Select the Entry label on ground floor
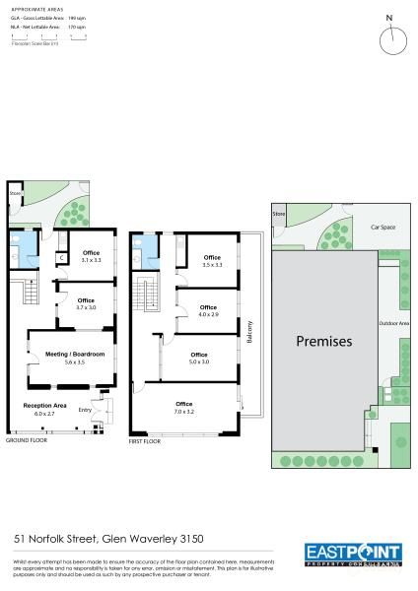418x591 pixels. pyautogui.click(x=84, y=411)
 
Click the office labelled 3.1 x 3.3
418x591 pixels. pyautogui.click(x=92, y=256)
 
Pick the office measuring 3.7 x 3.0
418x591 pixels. pyautogui.click(x=86, y=303)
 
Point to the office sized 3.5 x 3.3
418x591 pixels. pyautogui.click(x=211, y=261)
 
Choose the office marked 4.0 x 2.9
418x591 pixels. pyautogui.click(x=208, y=311)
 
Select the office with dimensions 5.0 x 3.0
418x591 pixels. pyautogui.click(x=199, y=358)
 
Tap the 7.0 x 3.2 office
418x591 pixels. pyautogui.click(x=183, y=407)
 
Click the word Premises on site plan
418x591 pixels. pyautogui.click(x=323, y=342)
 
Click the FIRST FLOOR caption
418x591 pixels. pyautogui.click(x=144, y=442)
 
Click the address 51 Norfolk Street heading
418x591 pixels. pyautogui.click(x=108, y=538)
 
